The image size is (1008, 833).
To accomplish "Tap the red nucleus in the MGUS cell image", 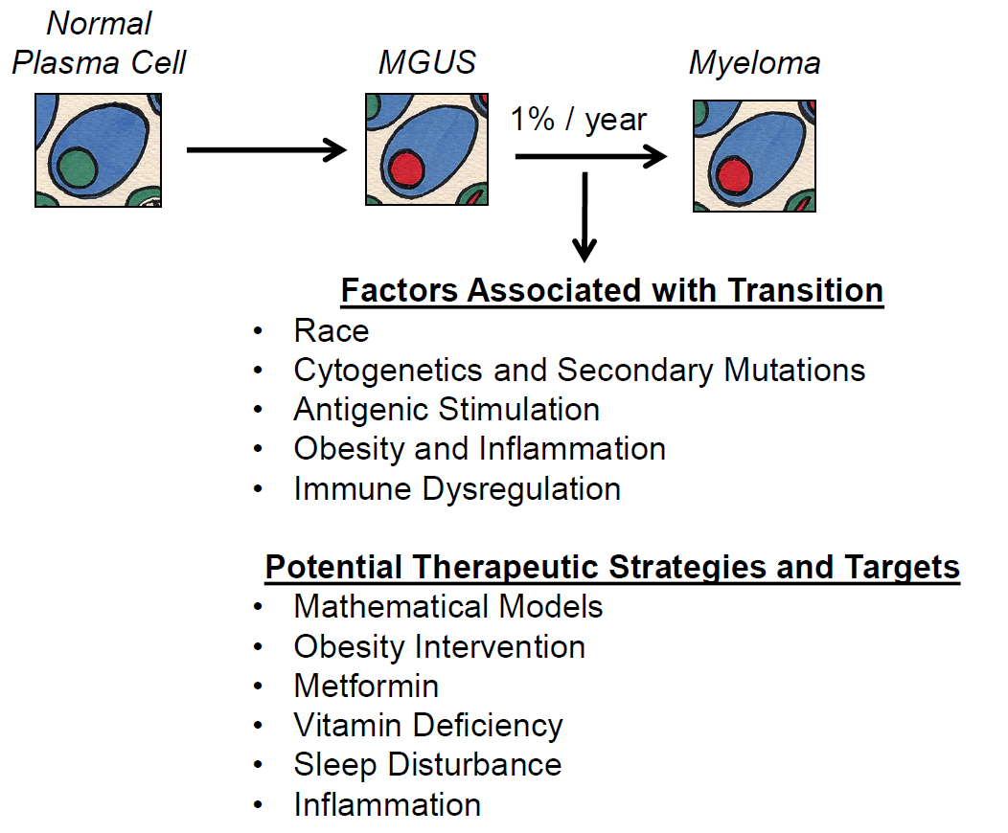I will (x=408, y=168).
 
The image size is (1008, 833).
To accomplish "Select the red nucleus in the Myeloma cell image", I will (x=735, y=175).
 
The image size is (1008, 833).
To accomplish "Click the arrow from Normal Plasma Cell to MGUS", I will (x=265, y=149).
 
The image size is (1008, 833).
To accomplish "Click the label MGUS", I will (x=427, y=64).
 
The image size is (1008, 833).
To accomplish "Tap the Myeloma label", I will (x=754, y=64).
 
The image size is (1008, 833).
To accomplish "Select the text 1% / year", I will (x=579, y=120).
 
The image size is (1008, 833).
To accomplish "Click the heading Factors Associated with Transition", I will (x=612, y=290).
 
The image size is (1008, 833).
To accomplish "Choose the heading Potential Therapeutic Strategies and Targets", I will (x=612, y=567).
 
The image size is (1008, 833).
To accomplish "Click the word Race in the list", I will (x=331, y=331).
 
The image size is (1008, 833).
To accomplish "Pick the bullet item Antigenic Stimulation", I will (x=447, y=410).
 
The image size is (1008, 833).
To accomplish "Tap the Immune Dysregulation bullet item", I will (x=457, y=488).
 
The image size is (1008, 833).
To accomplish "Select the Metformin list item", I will (x=366, y=686).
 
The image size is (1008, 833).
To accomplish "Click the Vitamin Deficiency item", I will (x=428, y=725).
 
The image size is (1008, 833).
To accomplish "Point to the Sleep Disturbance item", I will (x=427, y=764).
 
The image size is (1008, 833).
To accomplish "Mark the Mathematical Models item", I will (x=448, y=606).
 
